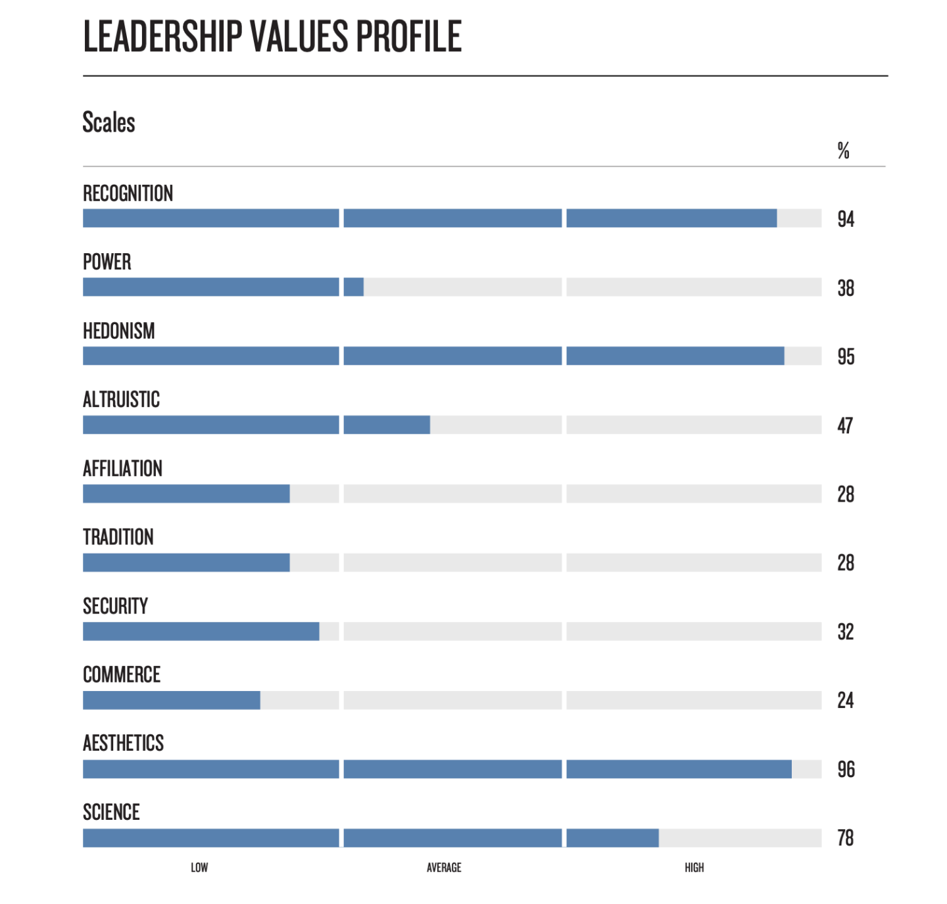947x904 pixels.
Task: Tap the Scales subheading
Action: [x=109, y=123]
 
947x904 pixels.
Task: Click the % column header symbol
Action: [x=843, y=151]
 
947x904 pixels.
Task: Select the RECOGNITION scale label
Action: [x=128, y=193]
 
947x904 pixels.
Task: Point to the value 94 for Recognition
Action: [x=846, y=219]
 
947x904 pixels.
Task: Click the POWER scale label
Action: [x=107, y=262]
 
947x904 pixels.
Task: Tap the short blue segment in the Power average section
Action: [x=353, y=287]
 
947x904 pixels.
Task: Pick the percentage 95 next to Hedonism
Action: [x=846, y=357]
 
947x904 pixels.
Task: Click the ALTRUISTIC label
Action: [x=121, y=400]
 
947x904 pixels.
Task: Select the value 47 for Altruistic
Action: [x=845, y=426]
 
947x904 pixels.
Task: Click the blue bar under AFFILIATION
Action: [x=186, y=494]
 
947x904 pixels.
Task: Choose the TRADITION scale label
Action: [x=118, y=537]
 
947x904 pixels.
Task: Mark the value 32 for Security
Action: [x=845, y=632]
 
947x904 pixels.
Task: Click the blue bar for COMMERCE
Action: [x=171, y=700]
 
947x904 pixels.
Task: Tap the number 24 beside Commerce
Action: [x=845, y=701]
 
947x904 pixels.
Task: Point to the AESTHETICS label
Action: [x=123, y=743]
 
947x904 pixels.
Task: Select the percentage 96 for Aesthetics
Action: [x=846, y=769]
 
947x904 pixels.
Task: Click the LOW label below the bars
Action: [x=199, y=868]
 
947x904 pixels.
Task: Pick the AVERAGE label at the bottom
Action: [x=444, y=868]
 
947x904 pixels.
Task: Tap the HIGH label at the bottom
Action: [x=694, y=868]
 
